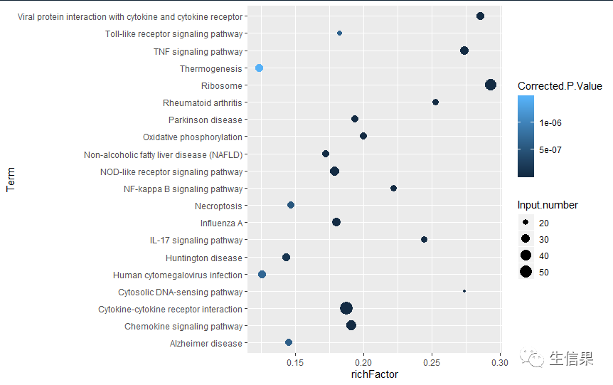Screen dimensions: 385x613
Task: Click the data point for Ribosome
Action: (x=490, y=85)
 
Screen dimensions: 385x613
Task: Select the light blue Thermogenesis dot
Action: (x=259, y=68)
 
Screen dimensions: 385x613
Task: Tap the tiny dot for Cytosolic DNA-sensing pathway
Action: (x=464, y=291)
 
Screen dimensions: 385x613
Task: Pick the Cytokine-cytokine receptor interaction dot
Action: (x=346, y=308)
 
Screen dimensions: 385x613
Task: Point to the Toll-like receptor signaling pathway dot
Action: (x=339, y=33)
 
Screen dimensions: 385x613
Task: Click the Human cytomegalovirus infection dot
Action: (x=262, y=274)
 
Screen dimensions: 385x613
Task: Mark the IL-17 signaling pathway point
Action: (x=424, y=240)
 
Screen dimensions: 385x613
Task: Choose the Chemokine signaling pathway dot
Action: (x=351, y=325)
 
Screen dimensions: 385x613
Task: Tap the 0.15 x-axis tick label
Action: (x=295, y=363)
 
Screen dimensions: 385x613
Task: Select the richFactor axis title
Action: (x=375, y=375)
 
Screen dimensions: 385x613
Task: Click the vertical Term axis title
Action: (x=10, y=179)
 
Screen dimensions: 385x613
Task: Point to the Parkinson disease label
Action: (x=205, y=120)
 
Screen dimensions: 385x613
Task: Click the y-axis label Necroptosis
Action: (x=218, y=206)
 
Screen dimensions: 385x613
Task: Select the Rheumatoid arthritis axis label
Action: (x=202, y=102)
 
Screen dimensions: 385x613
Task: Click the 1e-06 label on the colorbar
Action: (x=552, y=122)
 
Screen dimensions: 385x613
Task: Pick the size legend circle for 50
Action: (x=526, y=272)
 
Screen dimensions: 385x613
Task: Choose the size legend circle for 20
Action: (x=526, y=223)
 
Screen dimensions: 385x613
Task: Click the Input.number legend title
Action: (x=548, y=205)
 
